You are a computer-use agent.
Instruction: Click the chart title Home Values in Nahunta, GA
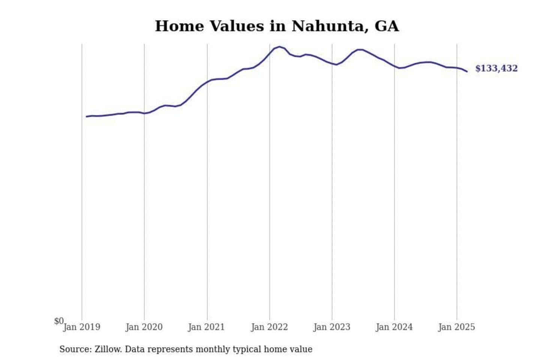[x=277, y=26]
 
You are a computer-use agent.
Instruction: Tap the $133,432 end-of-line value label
[x=496, y=68]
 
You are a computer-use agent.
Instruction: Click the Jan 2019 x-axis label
[x=82, y=327]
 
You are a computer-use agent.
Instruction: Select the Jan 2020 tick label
[x=144, y=327]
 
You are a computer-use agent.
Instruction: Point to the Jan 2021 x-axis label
[x=206, y=327]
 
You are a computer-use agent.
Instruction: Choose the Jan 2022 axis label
[x=269, y=327]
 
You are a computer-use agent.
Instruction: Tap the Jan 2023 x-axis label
[x=331, y=327]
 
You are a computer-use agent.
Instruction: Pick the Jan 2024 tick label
[x=394, y=327]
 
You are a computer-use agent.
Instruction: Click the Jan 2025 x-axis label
[x=456, y=327]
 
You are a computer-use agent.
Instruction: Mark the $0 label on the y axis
[x=59, y=321]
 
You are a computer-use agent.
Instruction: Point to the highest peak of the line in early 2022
[x=279, y=47]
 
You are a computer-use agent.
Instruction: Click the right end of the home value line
[x=467, y=71]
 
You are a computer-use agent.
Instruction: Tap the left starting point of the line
[x=87, y=117]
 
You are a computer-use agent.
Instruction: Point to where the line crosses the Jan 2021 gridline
[x=207, y=82]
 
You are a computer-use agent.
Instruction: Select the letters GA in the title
[x=386, y=26]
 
